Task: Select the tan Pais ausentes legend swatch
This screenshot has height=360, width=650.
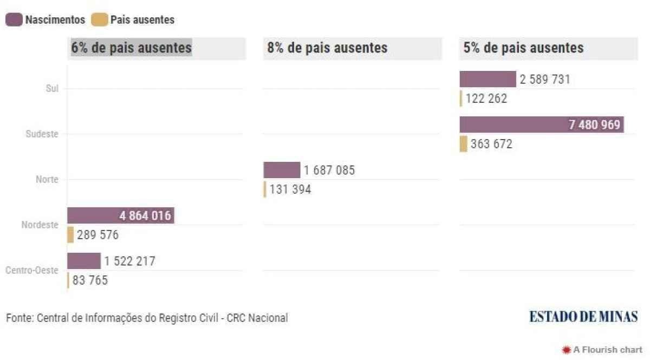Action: click(99, 20)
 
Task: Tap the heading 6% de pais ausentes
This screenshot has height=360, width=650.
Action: click(132, 48)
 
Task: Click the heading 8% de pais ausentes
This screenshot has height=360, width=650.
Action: click(327, 48)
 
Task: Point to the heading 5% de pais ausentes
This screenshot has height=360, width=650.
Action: click(523, 48)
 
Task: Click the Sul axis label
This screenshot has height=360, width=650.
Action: click(52, 88)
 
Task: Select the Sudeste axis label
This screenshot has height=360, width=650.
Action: click(42, 134)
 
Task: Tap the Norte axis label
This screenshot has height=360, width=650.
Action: click(48, 179)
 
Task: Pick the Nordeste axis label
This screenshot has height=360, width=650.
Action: click(40, 225)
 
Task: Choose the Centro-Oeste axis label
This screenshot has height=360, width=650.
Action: click(31, 270)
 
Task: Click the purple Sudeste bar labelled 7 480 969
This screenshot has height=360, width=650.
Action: click(542, 125)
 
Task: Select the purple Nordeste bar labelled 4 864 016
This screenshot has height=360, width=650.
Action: click(120, 215)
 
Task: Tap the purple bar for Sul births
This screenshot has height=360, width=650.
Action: click(487, 79)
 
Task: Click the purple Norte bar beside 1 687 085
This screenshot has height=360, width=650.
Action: click(282, 170)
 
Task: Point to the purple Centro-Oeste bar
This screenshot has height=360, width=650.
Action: click(83, 261)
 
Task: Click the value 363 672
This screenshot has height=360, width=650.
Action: click(490, 145)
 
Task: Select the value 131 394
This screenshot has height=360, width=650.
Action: click(290, 189)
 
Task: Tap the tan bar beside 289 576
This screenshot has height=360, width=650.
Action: click(70, 235)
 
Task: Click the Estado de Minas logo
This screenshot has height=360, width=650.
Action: click(583, 317)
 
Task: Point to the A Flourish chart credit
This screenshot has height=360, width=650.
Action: click(602, 350)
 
